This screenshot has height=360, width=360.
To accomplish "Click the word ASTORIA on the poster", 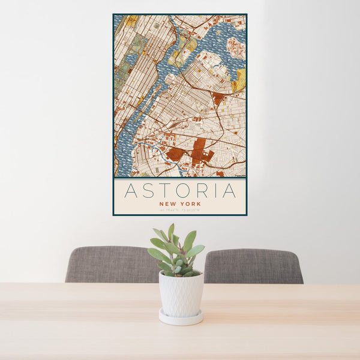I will coord(179,191).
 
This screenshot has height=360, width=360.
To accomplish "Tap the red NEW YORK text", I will coord(180,204).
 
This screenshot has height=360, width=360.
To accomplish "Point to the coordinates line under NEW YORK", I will coord(180,209).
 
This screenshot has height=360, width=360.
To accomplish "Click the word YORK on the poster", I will coord(191,204).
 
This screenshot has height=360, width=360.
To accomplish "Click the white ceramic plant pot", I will coord(181,293).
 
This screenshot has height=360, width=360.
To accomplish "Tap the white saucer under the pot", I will coord(181,317).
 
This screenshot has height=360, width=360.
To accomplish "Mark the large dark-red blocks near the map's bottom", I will coord(198,150).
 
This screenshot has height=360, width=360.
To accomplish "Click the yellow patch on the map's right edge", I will coord(240,80).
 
